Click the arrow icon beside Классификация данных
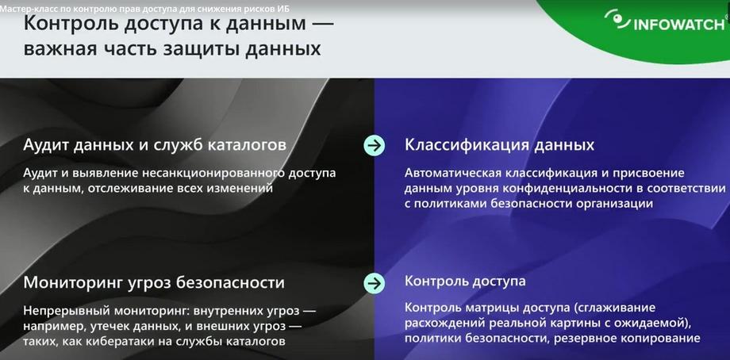tap(374, 146)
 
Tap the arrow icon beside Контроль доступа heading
tap(374, 283)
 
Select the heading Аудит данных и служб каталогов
tap(155, 145)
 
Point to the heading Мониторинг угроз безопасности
tap(154, 282)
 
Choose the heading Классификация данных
tap(499, 145)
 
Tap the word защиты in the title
tap(200, 49)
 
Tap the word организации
tap(614, 204)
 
